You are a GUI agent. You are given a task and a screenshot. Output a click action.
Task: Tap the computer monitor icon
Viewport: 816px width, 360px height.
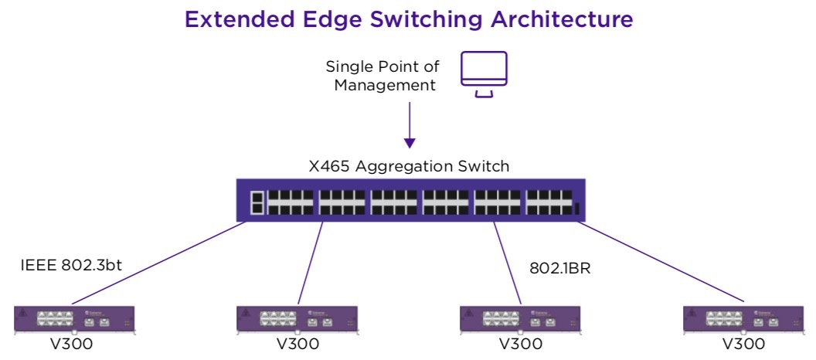(484, 74)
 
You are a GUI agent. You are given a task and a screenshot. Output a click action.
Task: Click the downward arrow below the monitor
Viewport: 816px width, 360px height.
(410, 125)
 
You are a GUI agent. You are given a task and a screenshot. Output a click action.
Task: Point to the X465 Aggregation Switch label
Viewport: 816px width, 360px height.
(409, 166)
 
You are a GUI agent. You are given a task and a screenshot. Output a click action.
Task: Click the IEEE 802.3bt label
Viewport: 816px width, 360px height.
(71, 265)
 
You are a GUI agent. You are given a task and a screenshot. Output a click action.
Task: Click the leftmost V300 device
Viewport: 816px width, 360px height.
(74, 319)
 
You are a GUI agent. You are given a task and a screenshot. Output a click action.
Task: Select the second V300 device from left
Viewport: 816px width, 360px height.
(297, 319)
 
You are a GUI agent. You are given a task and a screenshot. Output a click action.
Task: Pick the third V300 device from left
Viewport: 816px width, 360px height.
(521, 319)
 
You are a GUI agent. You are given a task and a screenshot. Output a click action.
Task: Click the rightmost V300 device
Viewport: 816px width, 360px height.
(743, 319)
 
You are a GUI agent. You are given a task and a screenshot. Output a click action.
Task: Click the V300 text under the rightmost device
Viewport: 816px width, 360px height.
(743, 344)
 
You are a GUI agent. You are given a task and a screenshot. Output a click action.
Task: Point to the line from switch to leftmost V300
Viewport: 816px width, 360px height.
(159, 263)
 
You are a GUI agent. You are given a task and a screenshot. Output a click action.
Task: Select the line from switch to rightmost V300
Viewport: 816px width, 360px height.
(661, 262)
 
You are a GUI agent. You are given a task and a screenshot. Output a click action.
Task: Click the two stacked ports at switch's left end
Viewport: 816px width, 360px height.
(257, 203)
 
